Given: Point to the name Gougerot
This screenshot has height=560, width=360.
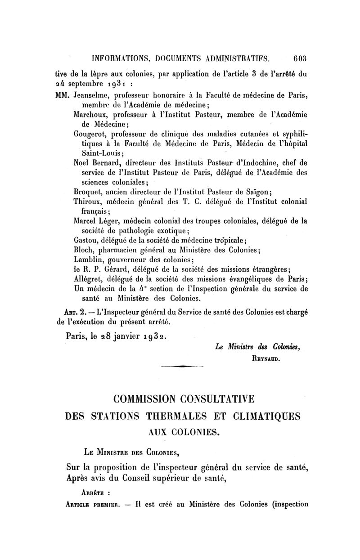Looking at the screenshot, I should [92, 134].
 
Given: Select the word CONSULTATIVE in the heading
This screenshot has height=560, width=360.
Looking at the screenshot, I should [211, 400].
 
